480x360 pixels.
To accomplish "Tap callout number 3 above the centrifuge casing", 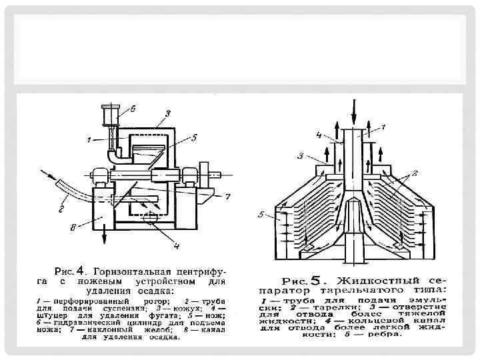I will pos(167,113).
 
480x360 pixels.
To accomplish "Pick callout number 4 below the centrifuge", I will pos(176,247).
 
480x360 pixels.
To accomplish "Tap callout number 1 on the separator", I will pos(383,127).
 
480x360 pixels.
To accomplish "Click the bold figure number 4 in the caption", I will pos(80,271).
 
